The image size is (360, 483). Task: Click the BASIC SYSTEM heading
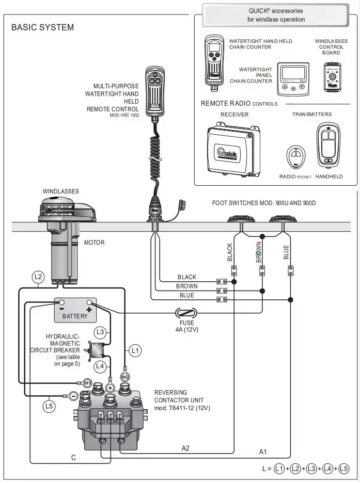pyautogui.click(x=42, y=27)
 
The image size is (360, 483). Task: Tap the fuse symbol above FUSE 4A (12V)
pyautogui.click(x=186, y=313)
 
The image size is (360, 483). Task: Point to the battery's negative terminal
pyautogui.click(x=61, y=303)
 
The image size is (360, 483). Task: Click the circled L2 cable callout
pyautogui.click(x=38, y=277)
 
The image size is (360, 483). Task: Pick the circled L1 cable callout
pyautogui.click(x=135, y=351)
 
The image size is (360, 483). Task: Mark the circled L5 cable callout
pyautogui.click(x=49, y=406)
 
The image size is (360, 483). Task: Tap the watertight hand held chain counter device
pyautogui.click(x=214, y=60)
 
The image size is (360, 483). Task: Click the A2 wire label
pyautogui.click(x=185, y=448)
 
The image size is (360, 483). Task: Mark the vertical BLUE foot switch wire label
pyautogui.click(x=286, y=252)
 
